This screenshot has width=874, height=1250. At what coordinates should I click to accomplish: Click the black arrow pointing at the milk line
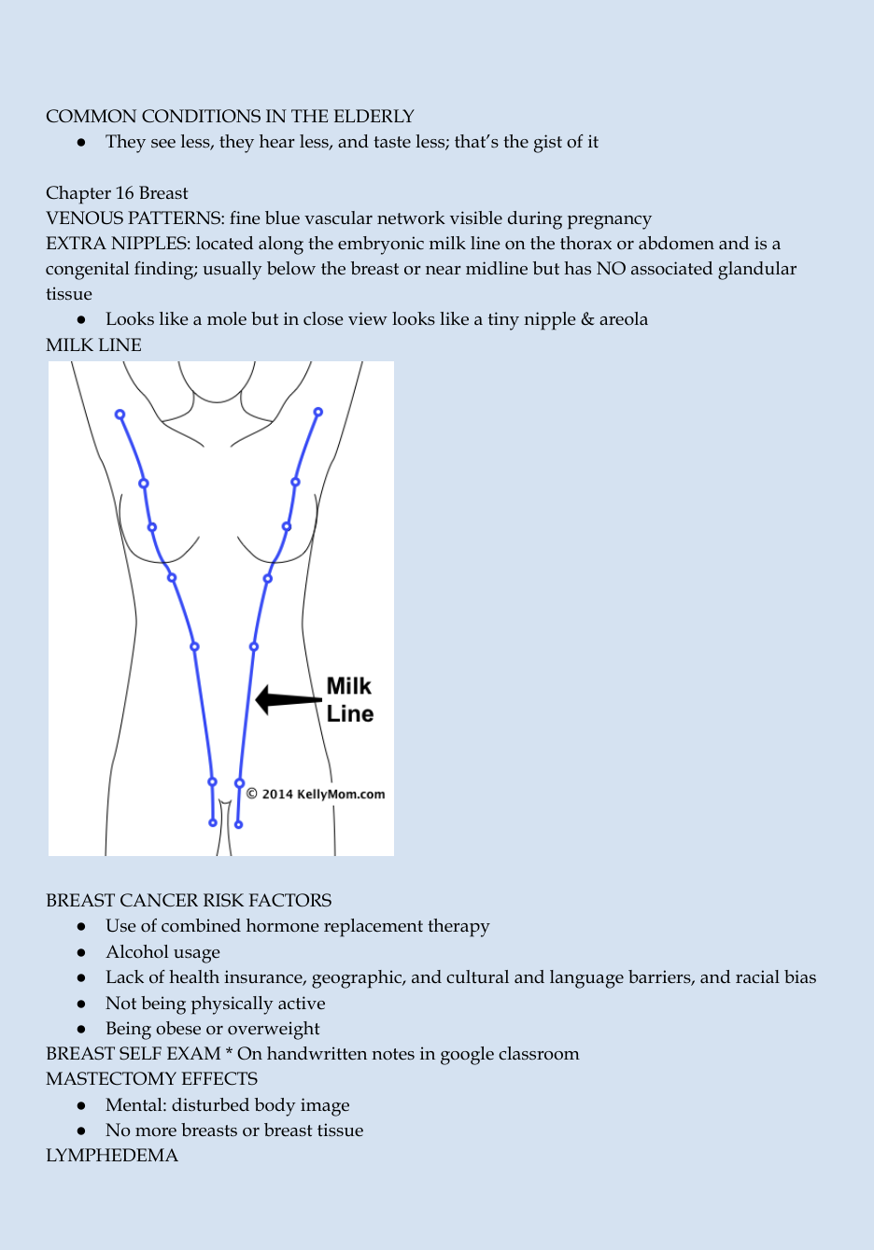coord(288,699)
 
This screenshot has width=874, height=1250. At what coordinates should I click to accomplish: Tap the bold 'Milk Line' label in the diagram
coord(350,700)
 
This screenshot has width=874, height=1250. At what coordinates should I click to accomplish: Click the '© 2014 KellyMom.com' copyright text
coord(316,794)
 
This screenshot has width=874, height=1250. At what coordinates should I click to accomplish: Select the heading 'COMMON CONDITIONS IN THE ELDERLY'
coord(230,116)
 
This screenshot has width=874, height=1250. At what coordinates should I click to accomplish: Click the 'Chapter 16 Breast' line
coord(117,192)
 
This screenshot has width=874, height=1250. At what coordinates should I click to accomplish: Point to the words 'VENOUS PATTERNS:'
coord(135,218)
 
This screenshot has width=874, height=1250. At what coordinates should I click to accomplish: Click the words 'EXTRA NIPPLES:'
coord(119,244)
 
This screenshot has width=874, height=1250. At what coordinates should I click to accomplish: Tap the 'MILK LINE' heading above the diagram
coord(93,344)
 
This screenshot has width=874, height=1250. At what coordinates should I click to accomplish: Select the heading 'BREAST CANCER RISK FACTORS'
coord(189,900)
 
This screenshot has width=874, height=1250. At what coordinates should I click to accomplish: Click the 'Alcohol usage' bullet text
coord(163,951)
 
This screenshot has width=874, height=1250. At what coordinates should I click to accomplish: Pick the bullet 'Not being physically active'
coord(216,1003)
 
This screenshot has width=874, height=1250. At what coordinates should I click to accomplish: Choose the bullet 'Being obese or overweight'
coord(213,1029)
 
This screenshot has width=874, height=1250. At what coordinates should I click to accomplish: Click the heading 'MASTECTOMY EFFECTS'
coord(152,1078)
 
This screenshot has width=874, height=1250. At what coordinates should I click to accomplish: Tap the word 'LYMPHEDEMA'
coord(112,1155)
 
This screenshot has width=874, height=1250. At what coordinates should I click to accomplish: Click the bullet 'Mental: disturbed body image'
coord(228,1105)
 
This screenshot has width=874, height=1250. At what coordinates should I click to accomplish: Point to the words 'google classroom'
coord(510,1054)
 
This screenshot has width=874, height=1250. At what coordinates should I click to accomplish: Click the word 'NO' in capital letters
coord(611,269)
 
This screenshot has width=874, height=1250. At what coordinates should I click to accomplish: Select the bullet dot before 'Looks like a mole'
coord(81,320)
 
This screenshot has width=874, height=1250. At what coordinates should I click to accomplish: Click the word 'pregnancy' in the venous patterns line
coord(610,218)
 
